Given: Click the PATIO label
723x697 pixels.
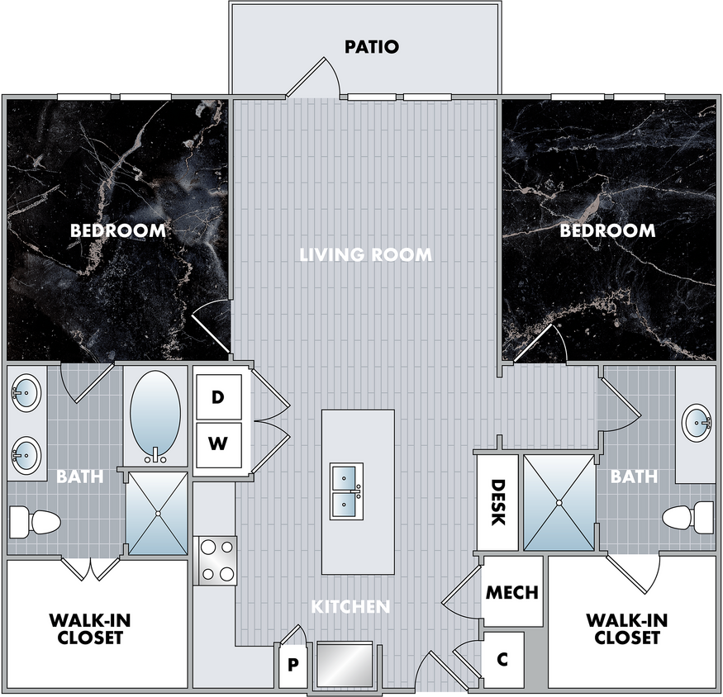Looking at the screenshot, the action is point(372,46).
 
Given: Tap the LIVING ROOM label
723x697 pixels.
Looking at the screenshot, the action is point(366,254).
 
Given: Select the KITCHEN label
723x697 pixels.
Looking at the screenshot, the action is point(350,607).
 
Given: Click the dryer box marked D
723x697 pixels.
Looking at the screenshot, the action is point(219,397).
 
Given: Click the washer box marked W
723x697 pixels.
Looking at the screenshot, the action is point(219,444).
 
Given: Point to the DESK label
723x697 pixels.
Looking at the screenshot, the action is point(498,502).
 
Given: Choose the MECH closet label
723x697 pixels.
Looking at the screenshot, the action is point(512,592).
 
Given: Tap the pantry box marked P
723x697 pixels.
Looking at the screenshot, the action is point(293,665).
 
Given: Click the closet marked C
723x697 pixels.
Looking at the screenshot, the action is point(502,660).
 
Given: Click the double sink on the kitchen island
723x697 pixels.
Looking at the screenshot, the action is point(346,491).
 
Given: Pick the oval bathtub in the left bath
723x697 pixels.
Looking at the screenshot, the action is point(155,418).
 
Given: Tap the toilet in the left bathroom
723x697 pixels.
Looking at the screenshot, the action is point(35,522).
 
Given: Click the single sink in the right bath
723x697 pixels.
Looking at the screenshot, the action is point(697,423).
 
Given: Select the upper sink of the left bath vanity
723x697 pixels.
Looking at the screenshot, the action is point(26,393).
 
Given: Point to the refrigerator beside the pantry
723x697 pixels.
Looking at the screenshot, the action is point(345,664).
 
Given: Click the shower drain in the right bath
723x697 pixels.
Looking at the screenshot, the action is point(559,502).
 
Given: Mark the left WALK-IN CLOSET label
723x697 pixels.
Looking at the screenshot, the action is point(90,628).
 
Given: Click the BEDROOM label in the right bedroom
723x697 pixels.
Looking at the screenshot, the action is point(607,230).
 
